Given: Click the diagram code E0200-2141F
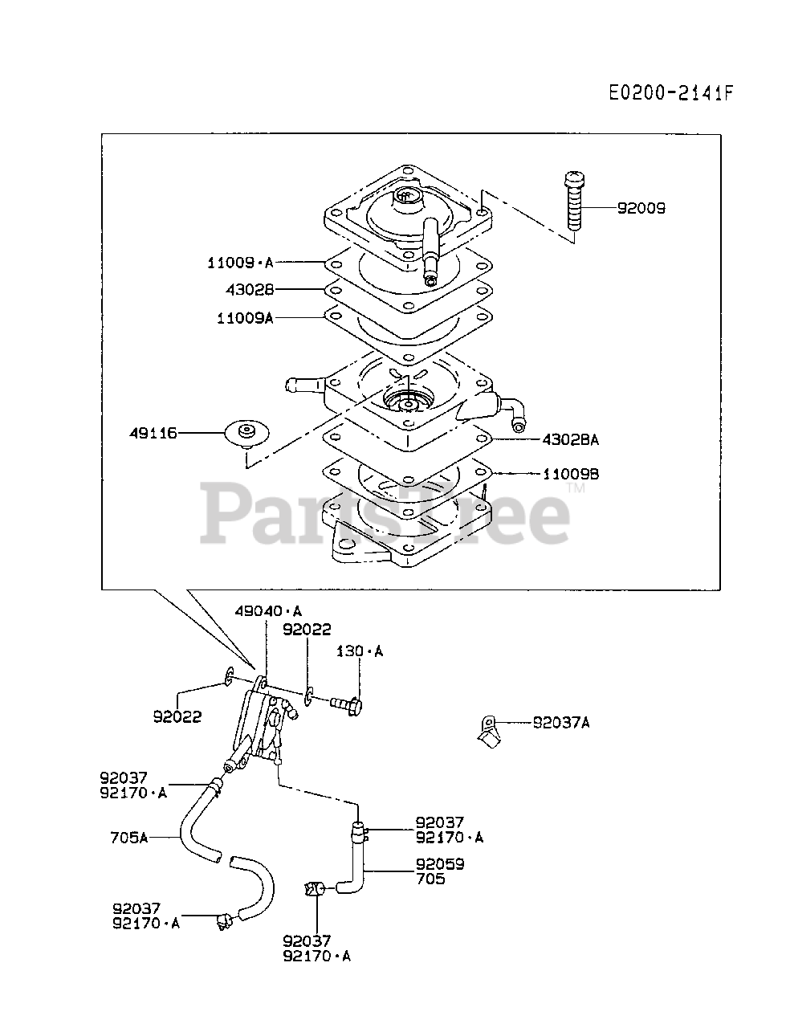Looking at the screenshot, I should coord(670,93).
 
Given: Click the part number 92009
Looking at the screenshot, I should coord(641,208).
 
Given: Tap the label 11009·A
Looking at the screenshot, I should coord(240,262).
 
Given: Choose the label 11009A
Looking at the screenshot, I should coord(245,317).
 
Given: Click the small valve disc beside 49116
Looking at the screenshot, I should coord(244,432).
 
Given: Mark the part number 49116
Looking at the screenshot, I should coord(153,433).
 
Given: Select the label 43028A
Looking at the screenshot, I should coord(571,439).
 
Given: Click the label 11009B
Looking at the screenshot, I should coord(571,474).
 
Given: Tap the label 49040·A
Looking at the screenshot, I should coord(268,611).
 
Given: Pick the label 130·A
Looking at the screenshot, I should coord(359,651).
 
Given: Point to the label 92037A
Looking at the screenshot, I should coord(561,722).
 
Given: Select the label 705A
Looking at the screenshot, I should coord(129,838).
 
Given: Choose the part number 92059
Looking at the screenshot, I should coord(440,865).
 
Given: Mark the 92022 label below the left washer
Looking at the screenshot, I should coord(177,716).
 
